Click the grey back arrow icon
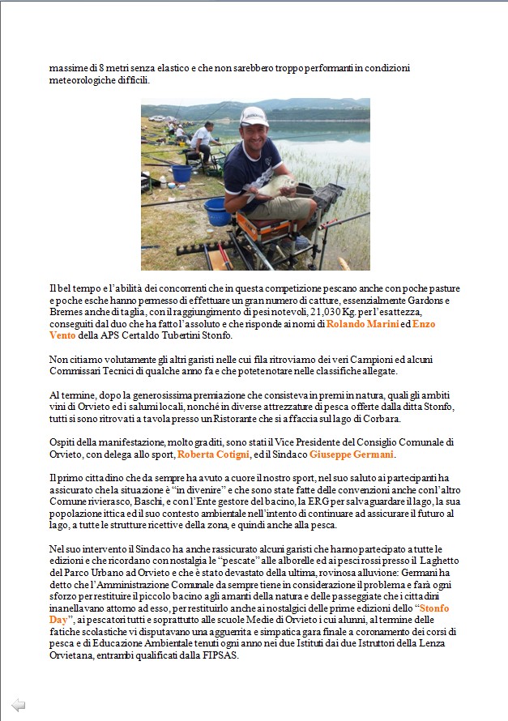pos(19,705)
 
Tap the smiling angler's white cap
pos(253,116)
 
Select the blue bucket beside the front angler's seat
pos(216,212)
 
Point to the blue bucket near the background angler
pos(182,173)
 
